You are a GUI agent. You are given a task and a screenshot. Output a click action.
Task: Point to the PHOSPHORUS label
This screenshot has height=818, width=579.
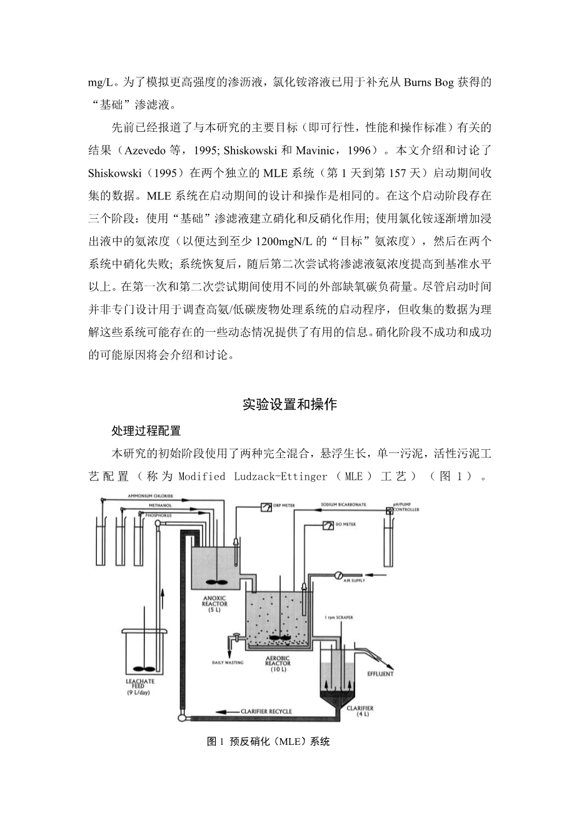(158, 514)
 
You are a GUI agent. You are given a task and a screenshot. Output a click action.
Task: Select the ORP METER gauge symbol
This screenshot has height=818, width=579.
(265, 506)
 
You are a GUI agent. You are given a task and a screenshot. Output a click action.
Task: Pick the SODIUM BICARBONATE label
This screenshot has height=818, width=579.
(343, 504)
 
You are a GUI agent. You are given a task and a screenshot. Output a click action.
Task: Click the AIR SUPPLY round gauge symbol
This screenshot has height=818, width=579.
(338, 574)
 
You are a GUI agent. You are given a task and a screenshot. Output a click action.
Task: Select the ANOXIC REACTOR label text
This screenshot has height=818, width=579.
(214, 604)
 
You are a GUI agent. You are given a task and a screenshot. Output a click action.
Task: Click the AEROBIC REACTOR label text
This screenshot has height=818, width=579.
(278, 662)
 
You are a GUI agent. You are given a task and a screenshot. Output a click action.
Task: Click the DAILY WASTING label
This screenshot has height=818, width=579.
(228, 662)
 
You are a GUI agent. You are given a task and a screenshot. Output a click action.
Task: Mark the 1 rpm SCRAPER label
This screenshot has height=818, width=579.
(339, 617)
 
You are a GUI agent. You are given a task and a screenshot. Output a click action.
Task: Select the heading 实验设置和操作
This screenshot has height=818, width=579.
(289, 405)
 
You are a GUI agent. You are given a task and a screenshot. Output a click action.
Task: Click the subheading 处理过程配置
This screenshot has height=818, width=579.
(146, 431)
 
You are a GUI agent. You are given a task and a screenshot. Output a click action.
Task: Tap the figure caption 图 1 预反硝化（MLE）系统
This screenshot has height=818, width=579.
(268, 742)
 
